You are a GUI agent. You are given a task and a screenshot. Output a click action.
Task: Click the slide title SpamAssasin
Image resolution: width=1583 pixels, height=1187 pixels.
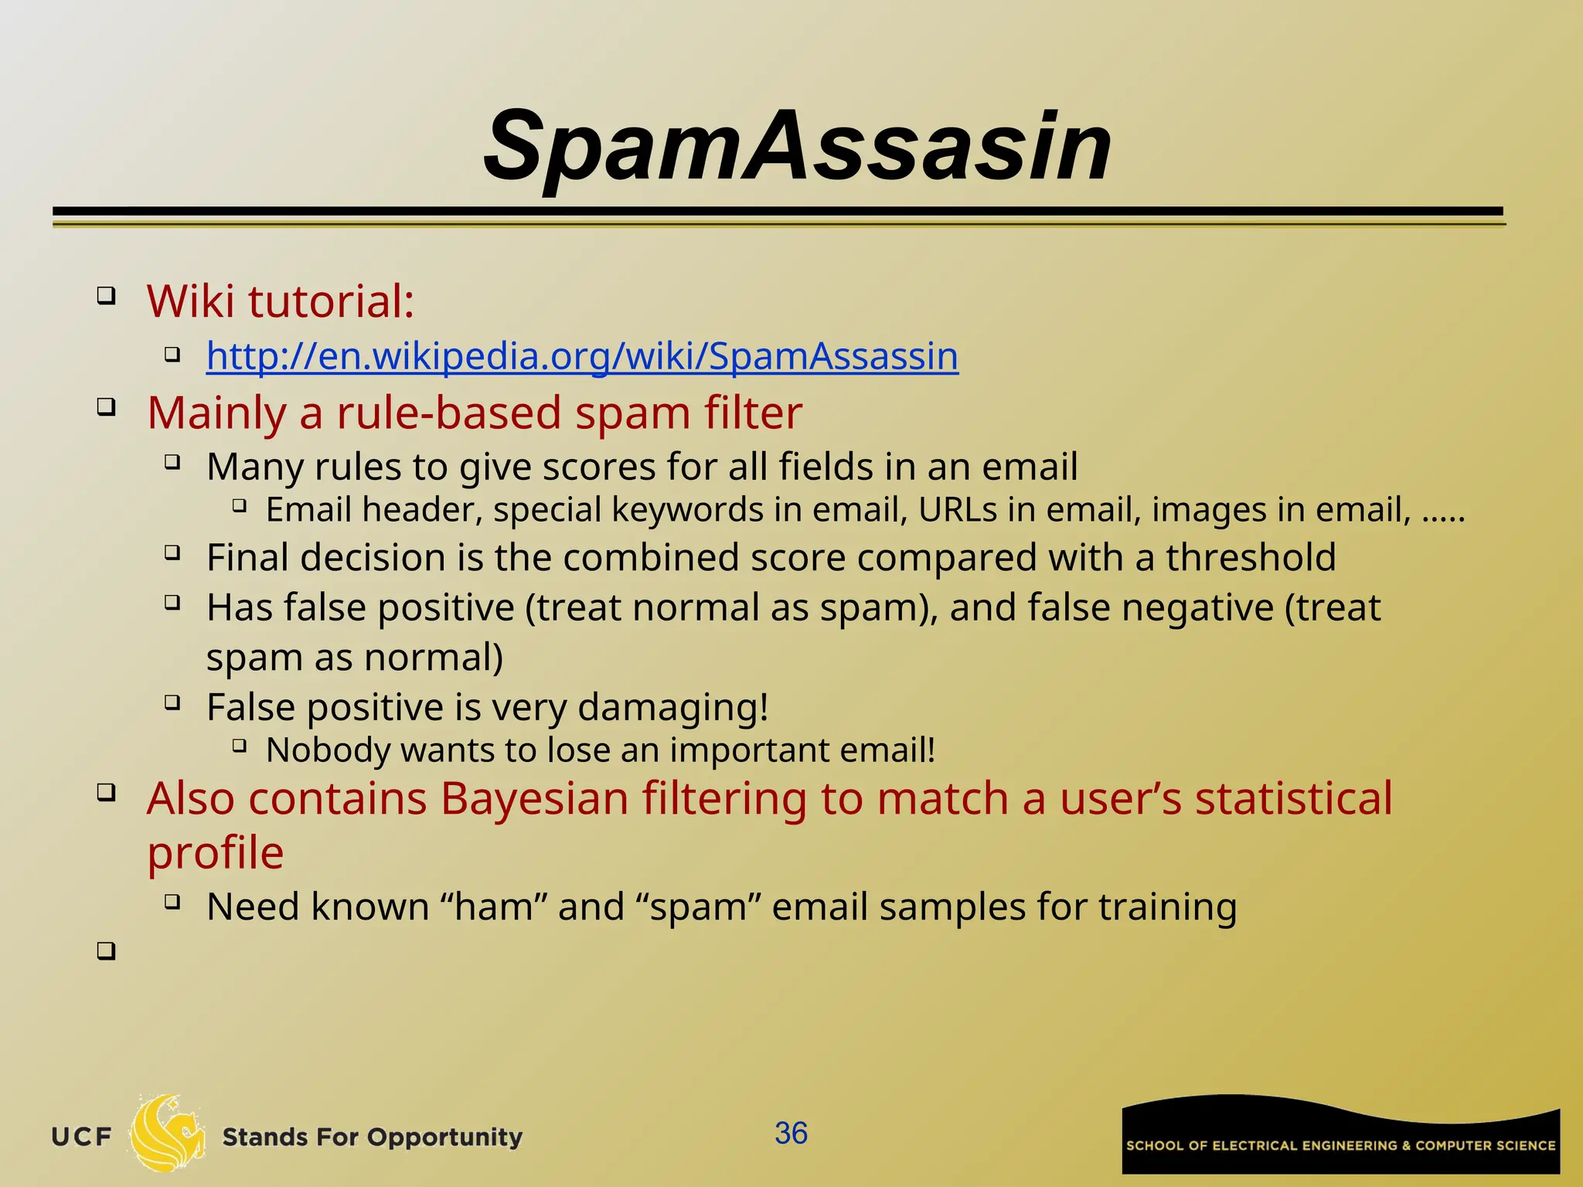tap(798, 147)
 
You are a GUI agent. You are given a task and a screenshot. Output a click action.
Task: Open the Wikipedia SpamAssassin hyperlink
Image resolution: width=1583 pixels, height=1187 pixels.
tap(582, 357)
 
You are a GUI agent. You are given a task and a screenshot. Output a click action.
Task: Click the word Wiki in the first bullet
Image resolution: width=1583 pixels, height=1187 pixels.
tap(190, 301)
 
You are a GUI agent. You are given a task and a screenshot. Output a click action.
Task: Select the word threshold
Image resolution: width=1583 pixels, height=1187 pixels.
tap(1251, 558)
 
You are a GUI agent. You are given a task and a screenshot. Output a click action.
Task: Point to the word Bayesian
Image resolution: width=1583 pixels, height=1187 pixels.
tap(534, 799)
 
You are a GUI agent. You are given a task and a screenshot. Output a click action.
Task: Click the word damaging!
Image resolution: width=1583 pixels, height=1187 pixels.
tap(672, 708)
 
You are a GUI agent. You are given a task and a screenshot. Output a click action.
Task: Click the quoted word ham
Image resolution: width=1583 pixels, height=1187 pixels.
tap(492, 907)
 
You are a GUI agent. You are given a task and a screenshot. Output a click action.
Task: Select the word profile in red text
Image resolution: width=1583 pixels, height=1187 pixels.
tap(216, 853)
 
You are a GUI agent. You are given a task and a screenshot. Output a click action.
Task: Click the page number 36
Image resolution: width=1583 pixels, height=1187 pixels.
tap(791, 1134)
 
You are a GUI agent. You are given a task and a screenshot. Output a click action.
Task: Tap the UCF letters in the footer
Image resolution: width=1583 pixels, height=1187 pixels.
tap(82, 1138)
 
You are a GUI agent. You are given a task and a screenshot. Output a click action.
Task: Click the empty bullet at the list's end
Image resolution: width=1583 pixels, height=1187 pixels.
tap(106, 951)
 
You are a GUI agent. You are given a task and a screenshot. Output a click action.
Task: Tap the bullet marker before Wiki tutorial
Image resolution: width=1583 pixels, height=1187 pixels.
tap(106, 295)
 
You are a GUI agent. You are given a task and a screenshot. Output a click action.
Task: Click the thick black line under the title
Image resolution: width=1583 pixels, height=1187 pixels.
tap(777, 211)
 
